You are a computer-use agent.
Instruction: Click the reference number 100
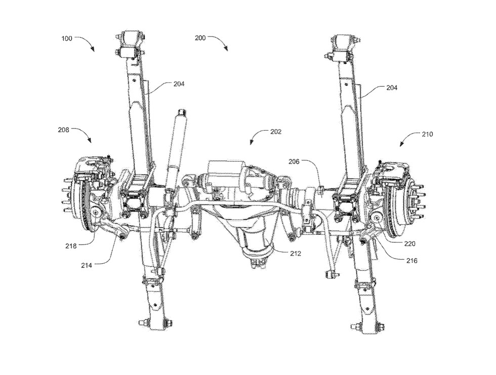(x=67, y=38)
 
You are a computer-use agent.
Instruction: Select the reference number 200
(x=200, y=38)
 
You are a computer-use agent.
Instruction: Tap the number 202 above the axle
(x=276, y=132)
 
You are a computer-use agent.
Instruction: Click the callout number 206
(x=294, y=162)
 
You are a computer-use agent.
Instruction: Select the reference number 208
(x=64, y=130)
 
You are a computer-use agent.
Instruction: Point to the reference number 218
(x=71, y=246)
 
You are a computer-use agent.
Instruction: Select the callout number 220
(x=409, y=243)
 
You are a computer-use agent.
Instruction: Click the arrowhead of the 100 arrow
(x=93, y=50)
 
